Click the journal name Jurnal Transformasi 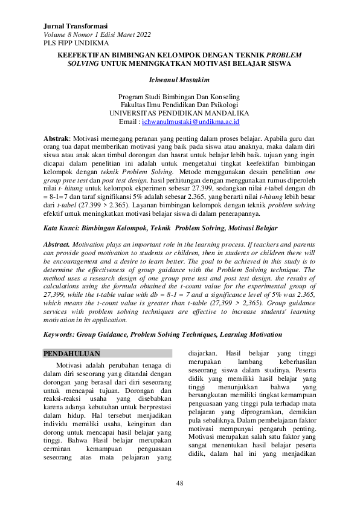76,27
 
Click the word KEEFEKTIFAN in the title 83,54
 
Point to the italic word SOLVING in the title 84,63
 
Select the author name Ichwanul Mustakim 179,79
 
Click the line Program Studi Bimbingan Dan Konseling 179,96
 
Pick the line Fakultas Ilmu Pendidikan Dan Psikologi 179,105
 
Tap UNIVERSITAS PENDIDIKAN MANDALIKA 179,113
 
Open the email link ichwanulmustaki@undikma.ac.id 191,122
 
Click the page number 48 179,483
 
